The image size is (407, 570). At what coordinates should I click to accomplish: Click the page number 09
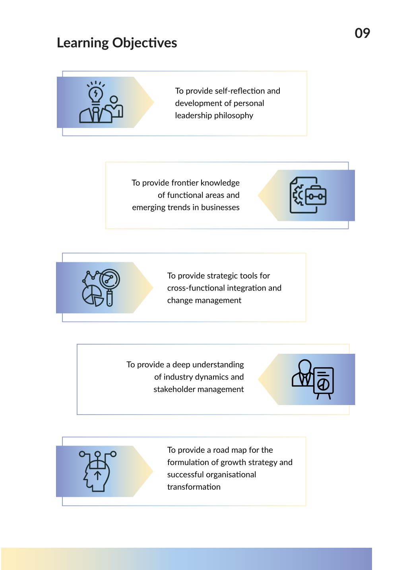(x=362, y=33)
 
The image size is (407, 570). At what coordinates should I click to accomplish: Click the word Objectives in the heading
(x=145, y=43)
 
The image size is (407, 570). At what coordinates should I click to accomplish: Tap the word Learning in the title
(x=83, y=43)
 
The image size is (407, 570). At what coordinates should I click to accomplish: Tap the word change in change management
(x=180, y=301)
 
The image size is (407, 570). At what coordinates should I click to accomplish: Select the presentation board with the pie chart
(x=324, y=383)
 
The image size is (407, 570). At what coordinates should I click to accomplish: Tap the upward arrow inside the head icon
(x=98, y=475)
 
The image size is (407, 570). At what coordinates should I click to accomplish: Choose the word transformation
(x=194, y=487)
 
